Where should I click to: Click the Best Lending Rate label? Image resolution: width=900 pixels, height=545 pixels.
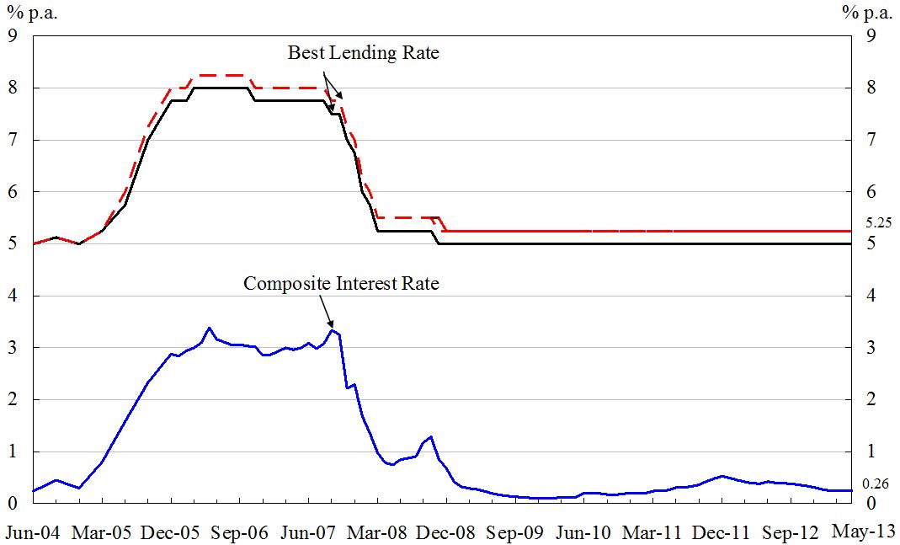click(364, 53)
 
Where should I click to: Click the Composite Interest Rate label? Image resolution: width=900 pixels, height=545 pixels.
click(341, 284)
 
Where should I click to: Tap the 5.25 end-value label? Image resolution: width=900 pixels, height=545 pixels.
click(877, 224)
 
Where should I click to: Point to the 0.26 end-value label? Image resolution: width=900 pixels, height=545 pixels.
click(877, 484)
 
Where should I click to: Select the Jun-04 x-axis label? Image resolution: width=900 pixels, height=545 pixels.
click(33, 532)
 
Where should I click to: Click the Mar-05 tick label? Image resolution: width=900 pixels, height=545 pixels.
click(102, 532)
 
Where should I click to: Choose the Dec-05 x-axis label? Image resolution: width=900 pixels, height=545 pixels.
click(171, 532)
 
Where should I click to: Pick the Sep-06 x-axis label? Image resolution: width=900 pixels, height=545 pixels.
click(240, 532)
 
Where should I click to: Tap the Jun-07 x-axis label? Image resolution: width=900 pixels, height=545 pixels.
click(309, 532)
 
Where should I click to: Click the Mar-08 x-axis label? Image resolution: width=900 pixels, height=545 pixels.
click(378, 532)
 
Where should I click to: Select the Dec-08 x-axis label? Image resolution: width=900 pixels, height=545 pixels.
click(446, 532)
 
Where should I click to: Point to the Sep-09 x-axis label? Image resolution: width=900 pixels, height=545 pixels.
click(515, 532)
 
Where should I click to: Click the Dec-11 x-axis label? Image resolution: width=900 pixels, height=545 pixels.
click(722, 532)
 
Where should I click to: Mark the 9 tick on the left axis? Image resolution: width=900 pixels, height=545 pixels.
click(13, 36)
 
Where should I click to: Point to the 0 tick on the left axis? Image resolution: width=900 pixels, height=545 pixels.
click(13, 504)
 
